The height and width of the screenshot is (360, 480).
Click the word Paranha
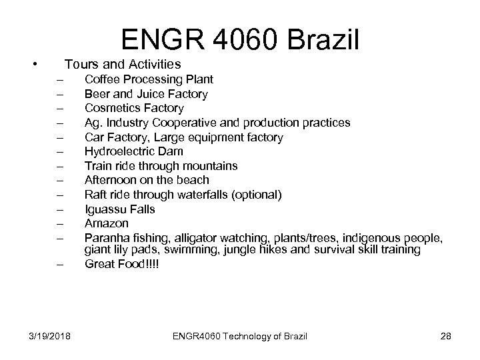pyautogui.click(x=106, y=237)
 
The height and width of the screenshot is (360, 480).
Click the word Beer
pyautogui.click(x=97, y=94)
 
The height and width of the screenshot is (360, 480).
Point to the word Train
pyautogui.click(x=98, y=166)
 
